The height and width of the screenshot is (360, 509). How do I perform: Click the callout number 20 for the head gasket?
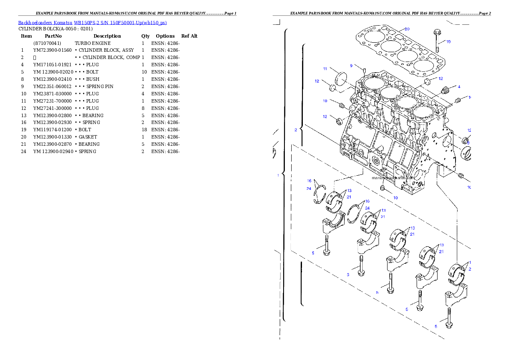pos(407,29)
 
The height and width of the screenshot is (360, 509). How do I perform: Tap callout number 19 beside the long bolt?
pos(448,42)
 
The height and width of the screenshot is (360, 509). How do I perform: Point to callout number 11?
pos(325,69)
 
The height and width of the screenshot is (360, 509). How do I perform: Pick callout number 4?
pos(459,87)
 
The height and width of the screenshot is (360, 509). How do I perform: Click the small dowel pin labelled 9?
pos(364,70)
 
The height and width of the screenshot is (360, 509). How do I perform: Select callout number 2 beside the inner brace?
pos(296,130)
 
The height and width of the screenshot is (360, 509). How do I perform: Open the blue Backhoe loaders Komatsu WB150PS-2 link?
pos(92,22)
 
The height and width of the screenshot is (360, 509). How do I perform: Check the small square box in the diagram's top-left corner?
pos(276,22)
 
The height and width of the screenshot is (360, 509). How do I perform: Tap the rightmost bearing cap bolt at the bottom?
pos(449,318)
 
